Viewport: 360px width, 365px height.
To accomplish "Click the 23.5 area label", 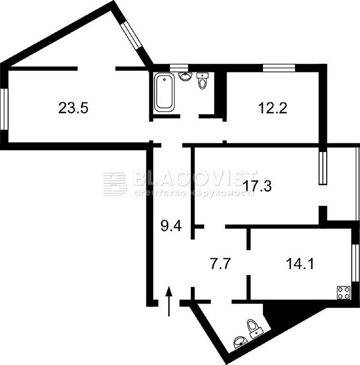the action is [x=74, y=108].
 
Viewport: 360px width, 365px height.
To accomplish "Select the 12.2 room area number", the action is [x=273, y=108].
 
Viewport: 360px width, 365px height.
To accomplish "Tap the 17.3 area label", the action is [x=257, y=186].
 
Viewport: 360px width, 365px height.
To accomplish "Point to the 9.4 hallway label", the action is [x=171, y=226].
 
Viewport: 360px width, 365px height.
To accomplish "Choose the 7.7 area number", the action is [x=221, y=264].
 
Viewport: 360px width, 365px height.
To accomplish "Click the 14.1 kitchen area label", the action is [x=300, y=264].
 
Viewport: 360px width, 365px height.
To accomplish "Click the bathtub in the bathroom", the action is [x=164, y=93].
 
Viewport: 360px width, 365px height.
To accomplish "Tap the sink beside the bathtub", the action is [x=186, y=76].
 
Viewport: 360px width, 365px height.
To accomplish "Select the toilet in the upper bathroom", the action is [x=203, y=81].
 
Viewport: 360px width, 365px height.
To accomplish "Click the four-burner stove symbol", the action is [x=344, y=293].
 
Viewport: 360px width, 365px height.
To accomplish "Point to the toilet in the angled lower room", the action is [x=255, y=328].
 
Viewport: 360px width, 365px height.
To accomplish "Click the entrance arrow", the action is [x=169, y=301].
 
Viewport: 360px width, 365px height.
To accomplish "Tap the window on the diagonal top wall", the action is [x=131, y=35].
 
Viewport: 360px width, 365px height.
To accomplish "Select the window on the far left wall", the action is [x=4, y=109].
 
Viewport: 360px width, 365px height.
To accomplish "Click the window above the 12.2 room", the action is [x=279, y=68].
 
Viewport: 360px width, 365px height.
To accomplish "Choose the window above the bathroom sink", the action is [x=179, y=68].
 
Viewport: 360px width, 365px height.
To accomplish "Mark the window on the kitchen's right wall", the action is [x=355, y=263].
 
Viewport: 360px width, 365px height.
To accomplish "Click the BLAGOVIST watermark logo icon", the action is [x=115, y=183].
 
